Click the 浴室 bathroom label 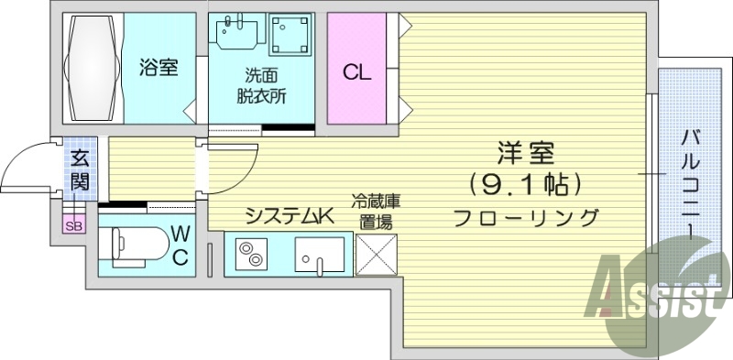coord(159,68)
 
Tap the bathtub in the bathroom coord(92,67)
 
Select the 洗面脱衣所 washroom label coord(259,85)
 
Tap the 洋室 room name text coord(525,152)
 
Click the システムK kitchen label coord(287,216)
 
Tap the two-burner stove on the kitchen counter coord(248,254)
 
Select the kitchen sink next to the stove coord(319,254)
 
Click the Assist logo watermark coord(655,293)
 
